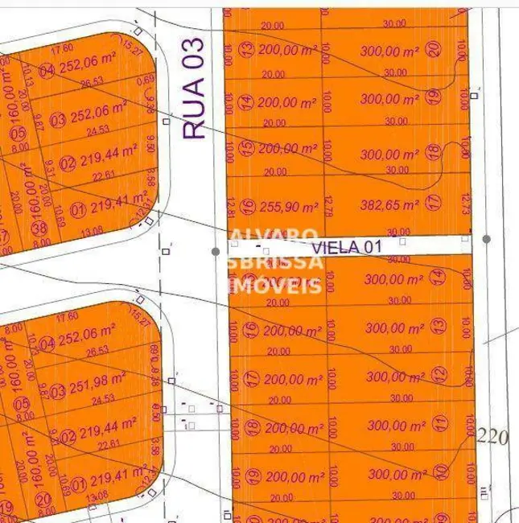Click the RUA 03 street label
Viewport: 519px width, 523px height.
(x=196, y=88)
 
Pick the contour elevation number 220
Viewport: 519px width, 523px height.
(x=493, y=439)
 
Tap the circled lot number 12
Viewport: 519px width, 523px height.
(x=438, y=374)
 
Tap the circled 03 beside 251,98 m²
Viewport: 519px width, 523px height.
(x=56, y=392)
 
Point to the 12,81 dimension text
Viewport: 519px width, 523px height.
(x=233, y=208)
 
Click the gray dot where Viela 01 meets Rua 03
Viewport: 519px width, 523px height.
(x=216, y=252)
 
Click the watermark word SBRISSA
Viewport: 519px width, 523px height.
(x=278, y=261)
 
